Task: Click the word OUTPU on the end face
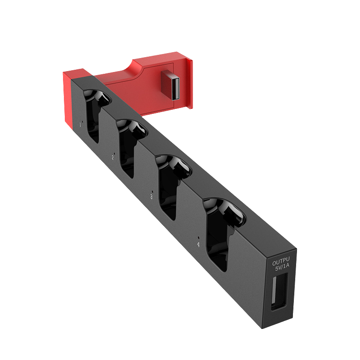[281, 261]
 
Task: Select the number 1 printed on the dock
[80, 124]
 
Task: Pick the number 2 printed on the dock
[112, 157]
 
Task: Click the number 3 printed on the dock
[151, 197]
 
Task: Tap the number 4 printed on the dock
[198, 244]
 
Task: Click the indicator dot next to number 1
[83, 121]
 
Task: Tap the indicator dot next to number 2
[115, 154]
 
